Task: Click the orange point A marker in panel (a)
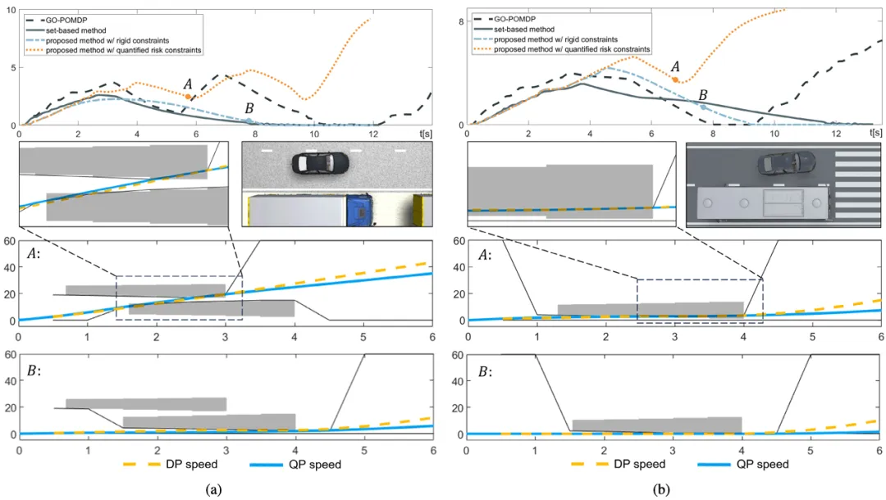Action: [x=189, y=97]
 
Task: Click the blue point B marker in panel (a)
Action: [x=249, y=120]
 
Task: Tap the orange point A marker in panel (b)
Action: [x=675, y=80]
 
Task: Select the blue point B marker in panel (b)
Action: [x=703, y=107]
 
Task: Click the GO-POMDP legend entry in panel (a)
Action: [x=65, y=17]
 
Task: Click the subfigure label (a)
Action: [x=213, y=489]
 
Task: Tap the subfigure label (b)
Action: [x=661, y=489]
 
